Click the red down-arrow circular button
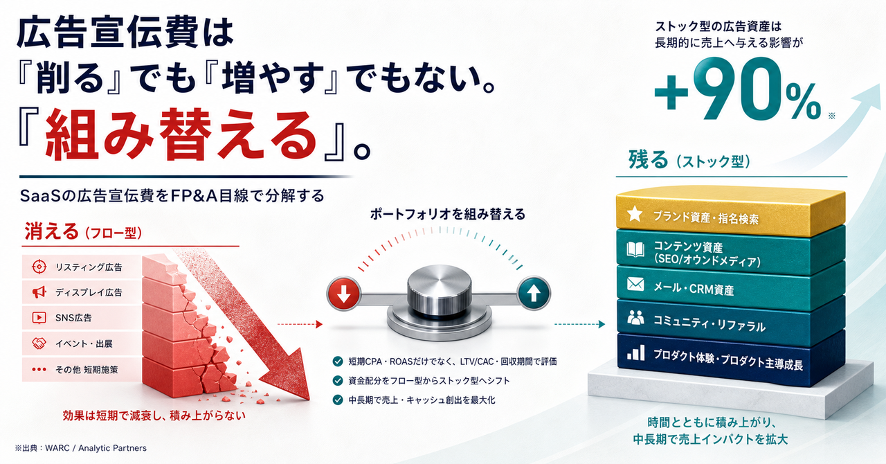[x=343, y=294]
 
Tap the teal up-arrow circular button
[x=534, y=294]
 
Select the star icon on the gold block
[x=635, y=214]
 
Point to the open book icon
[x=635, y=250]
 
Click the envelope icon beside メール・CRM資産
[x=635, y=284]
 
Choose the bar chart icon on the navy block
[x=635, y=353]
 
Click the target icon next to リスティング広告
[x=39, y=267]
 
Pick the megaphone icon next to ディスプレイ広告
[x=39, y=292]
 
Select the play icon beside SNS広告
[x=39, y=317]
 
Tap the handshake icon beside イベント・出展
[x=39, y=343]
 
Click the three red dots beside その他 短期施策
[x=39, y=370]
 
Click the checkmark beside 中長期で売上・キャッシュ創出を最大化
[x=337, y=400]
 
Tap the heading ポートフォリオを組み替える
[x=447, y=214]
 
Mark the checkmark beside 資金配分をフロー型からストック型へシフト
[x=337, y=381]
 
